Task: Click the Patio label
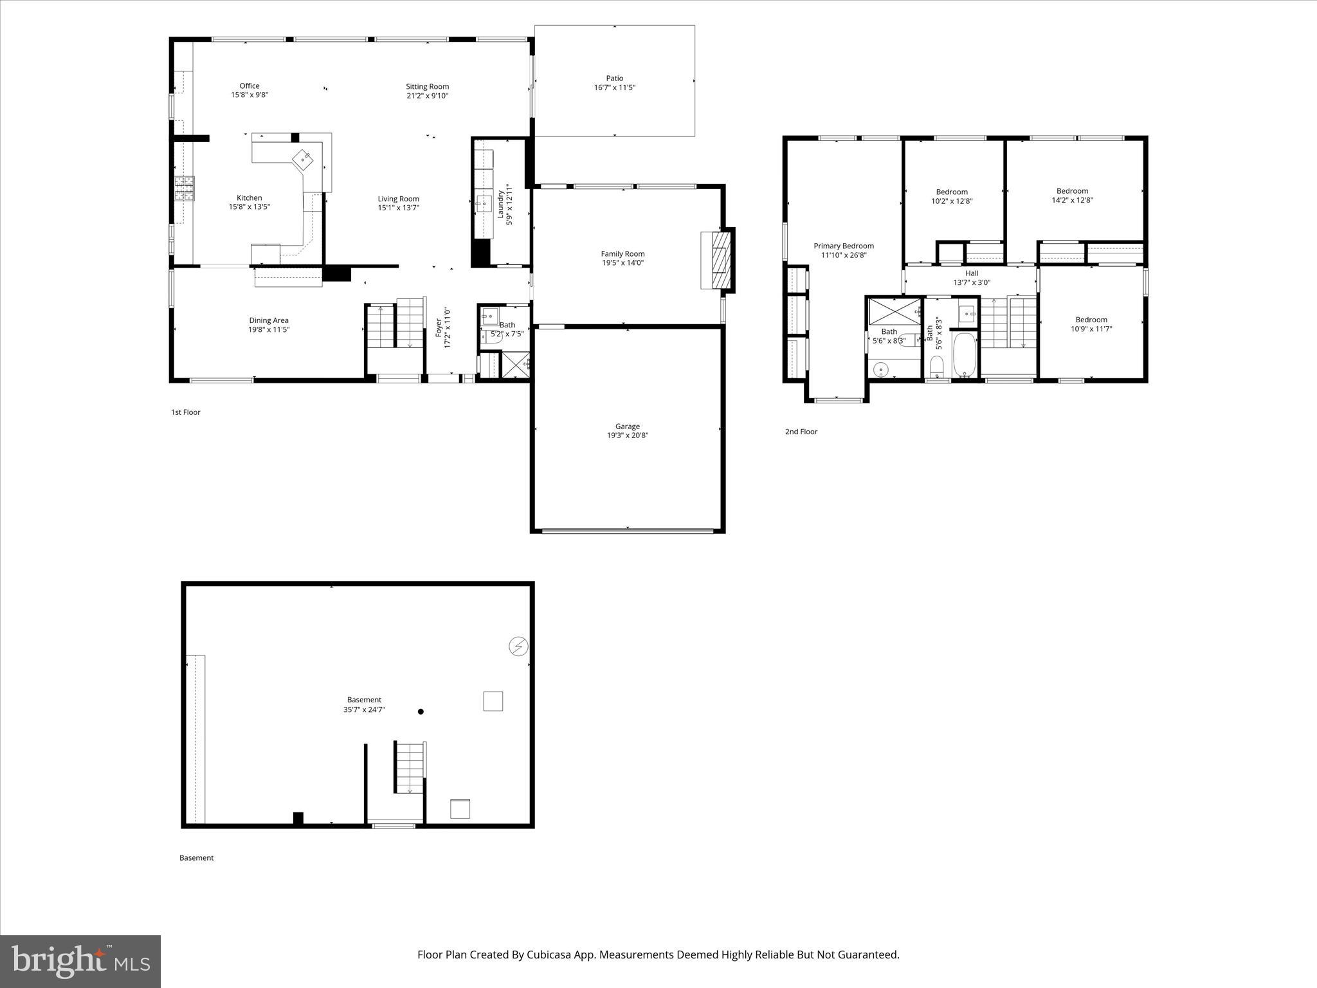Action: [x=614, y=78]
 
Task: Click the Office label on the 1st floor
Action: [x=250, y=86]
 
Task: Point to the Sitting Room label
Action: [x=427, y=86]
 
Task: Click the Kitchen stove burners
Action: [x=185, y=189]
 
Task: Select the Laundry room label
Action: [x=501, y=205]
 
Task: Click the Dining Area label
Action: [x=269, y=320]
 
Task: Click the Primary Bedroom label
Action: [x=844, y=246]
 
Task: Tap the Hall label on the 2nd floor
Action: [x=972, y=273]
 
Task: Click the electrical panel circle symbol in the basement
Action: [x=518, y=646]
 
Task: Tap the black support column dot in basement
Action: [x=421, y=711]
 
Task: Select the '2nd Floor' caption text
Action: [x=801, y=432]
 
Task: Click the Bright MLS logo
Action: [x=80, y=961]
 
